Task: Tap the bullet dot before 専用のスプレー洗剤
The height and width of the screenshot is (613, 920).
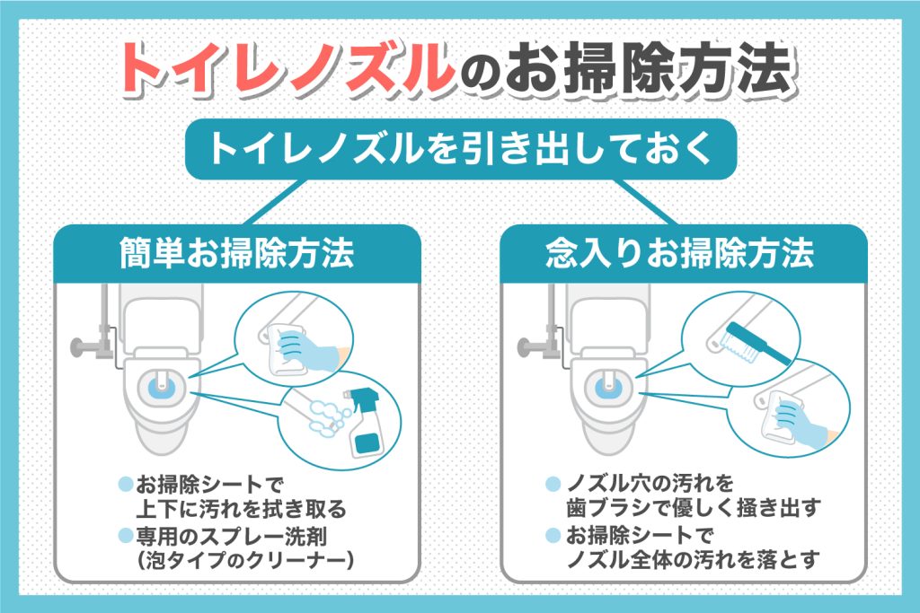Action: (x=125, y=537)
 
